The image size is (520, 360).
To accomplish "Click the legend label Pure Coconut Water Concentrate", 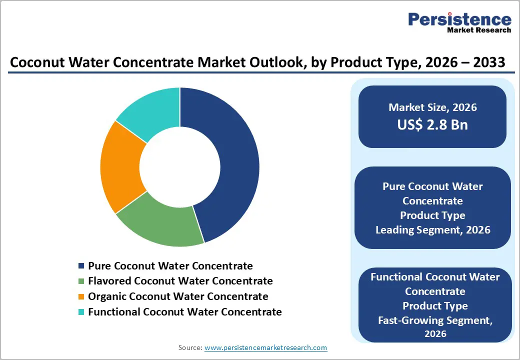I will coord(170,266).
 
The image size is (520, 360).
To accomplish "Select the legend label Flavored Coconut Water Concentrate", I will coord(180,281).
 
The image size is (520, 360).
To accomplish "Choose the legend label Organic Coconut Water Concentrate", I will coord(178,296).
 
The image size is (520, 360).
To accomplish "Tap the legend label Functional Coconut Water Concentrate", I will coord(184,312).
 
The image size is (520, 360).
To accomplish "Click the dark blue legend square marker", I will coord(81,266).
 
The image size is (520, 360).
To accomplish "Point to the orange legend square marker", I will coord(81,297).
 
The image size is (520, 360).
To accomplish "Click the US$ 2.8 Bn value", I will coord(432,124).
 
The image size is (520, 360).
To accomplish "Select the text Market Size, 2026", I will coord(432,107).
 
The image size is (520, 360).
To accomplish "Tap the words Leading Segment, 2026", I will coord(432,230).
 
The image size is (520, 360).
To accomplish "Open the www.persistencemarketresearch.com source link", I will coord(265,347).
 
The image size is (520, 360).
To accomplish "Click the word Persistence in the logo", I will coord(460,19).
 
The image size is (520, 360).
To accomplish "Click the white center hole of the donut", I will coord(180,167).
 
